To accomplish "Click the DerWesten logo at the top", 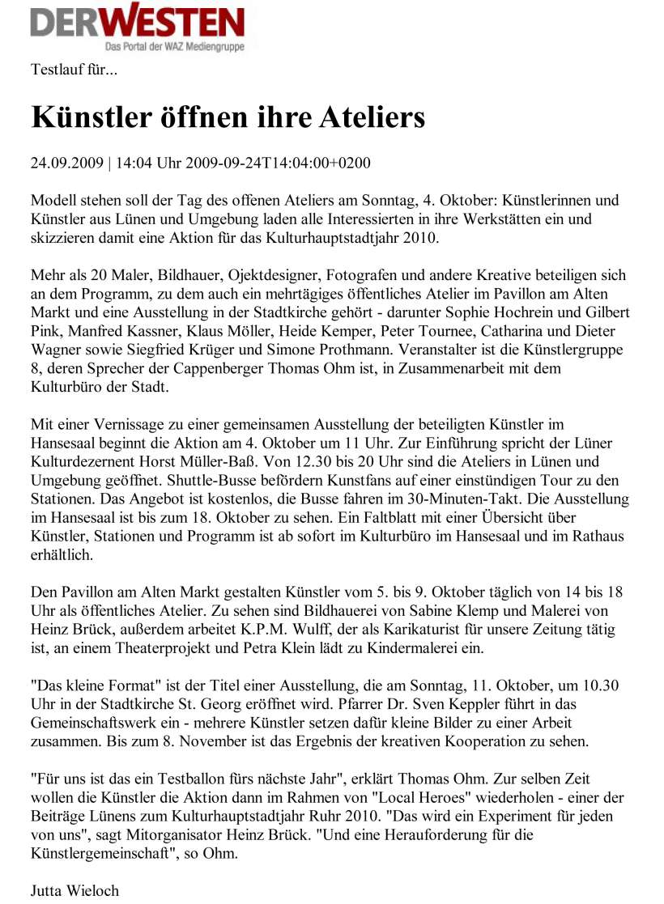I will (x=137, y=23).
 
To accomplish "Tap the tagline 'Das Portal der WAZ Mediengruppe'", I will (x=173, y=48).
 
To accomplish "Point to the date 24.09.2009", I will (x=66, y=163).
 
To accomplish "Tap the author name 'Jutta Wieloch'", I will (x=74, y=890).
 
